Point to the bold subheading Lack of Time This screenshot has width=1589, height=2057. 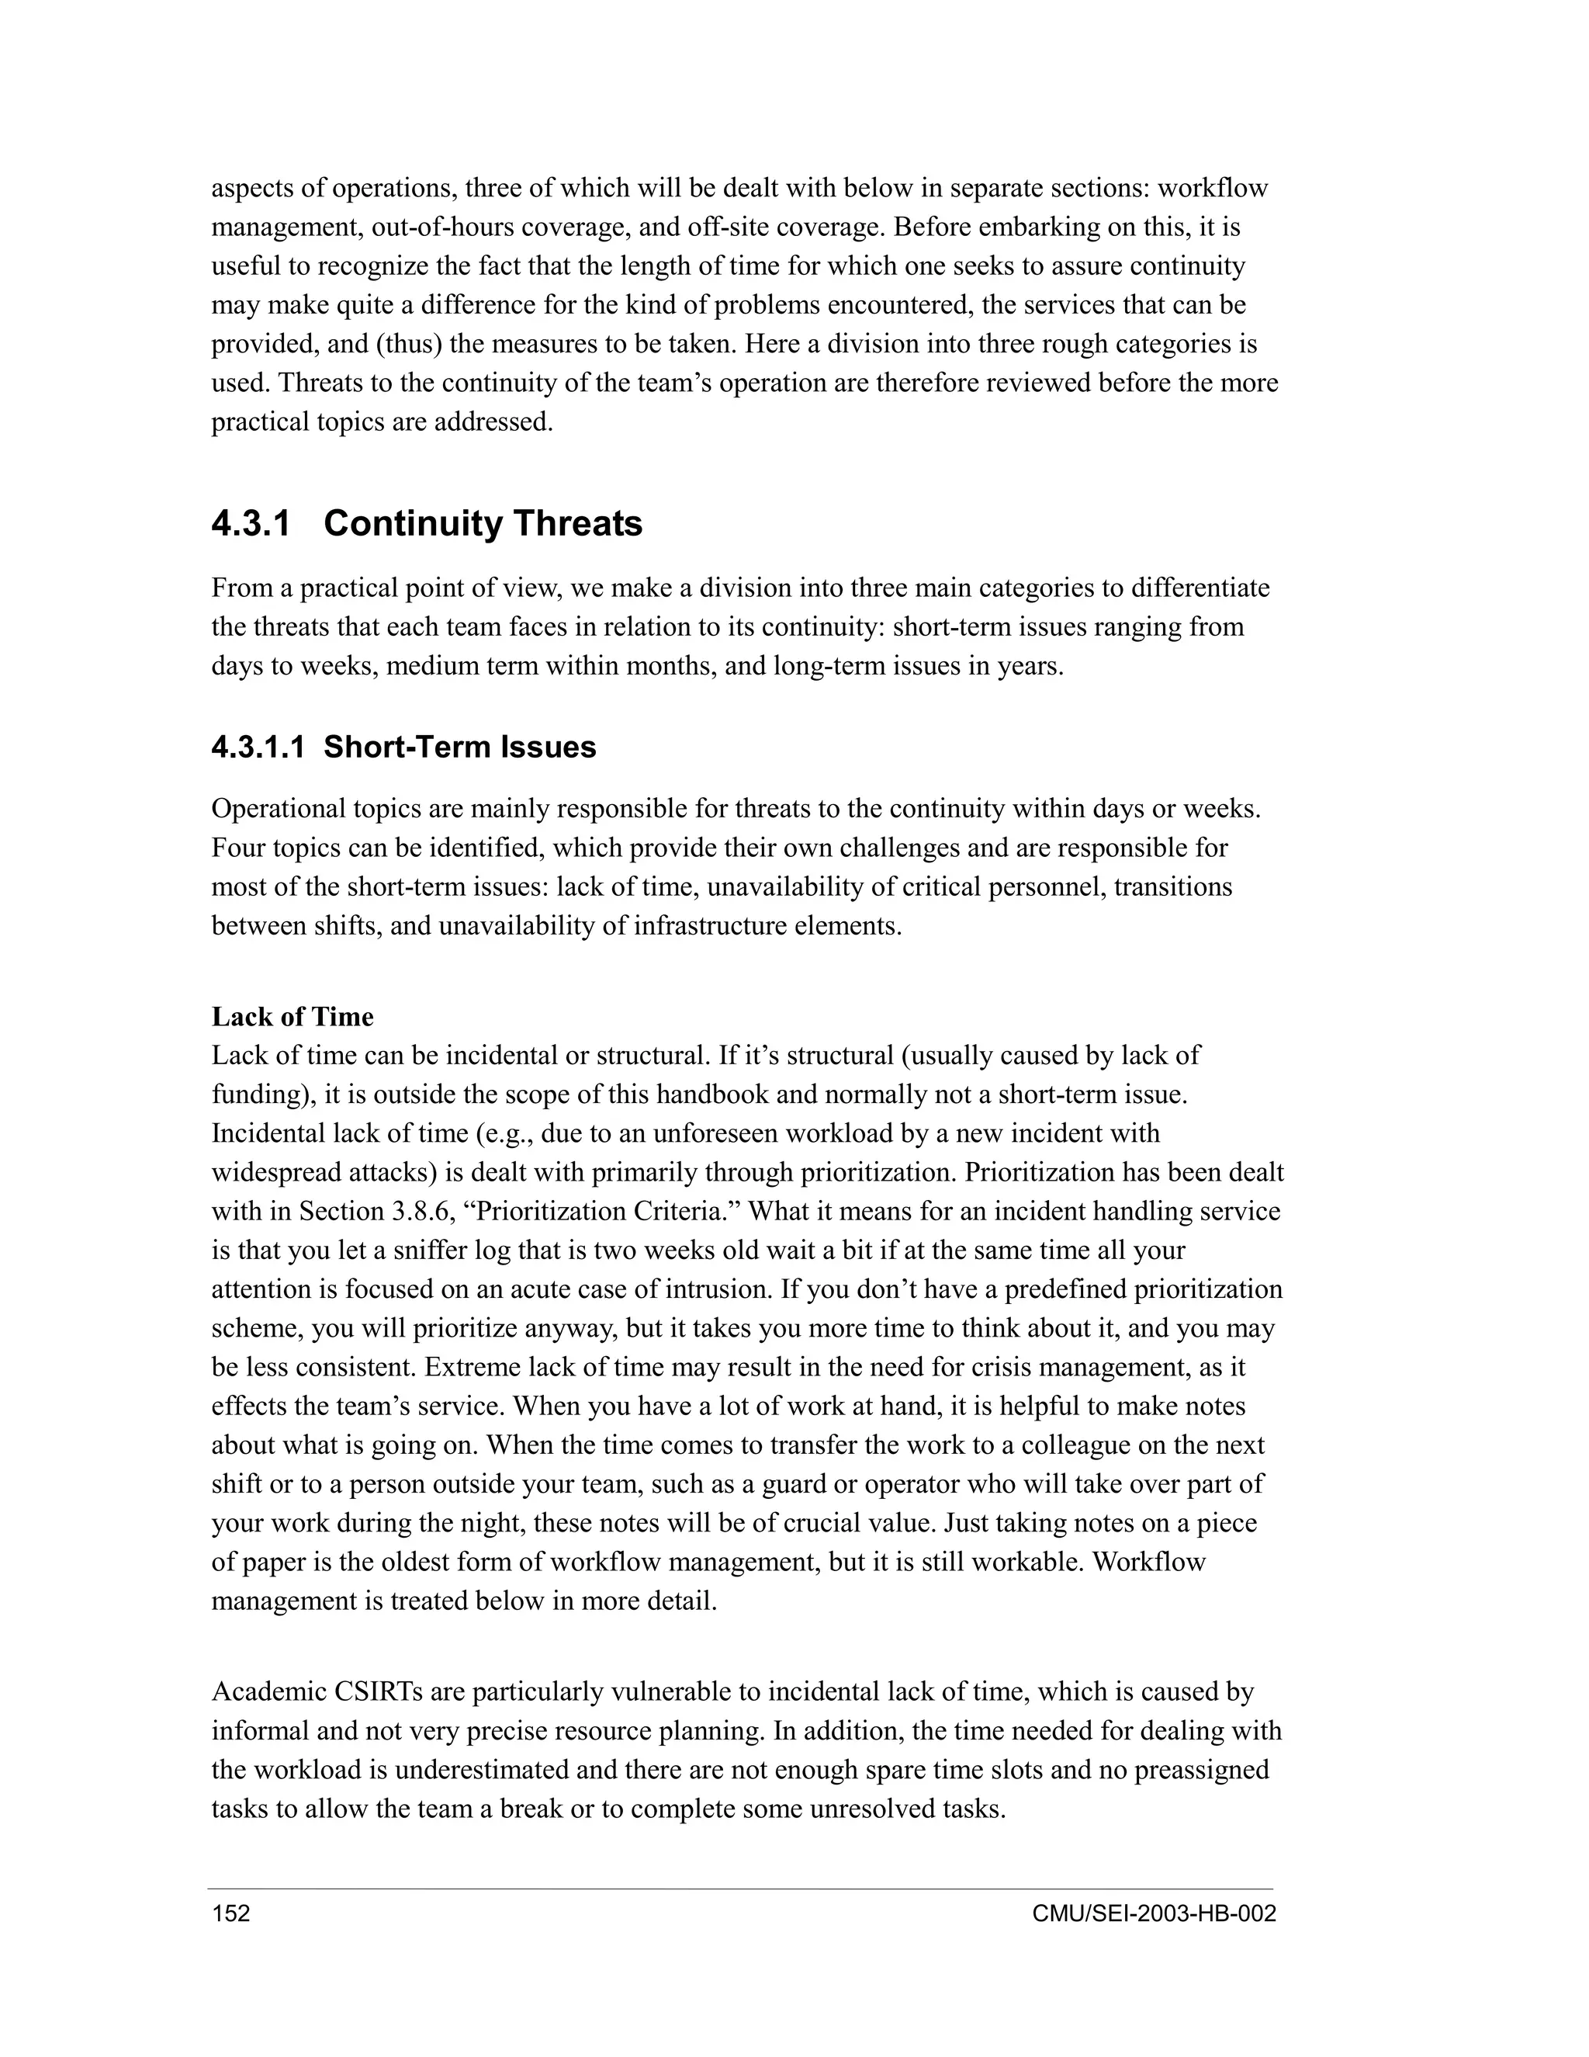click(293, 1016)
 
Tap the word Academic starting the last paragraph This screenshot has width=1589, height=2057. click(269, 1691)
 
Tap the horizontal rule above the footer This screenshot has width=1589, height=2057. click(740, 1889)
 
